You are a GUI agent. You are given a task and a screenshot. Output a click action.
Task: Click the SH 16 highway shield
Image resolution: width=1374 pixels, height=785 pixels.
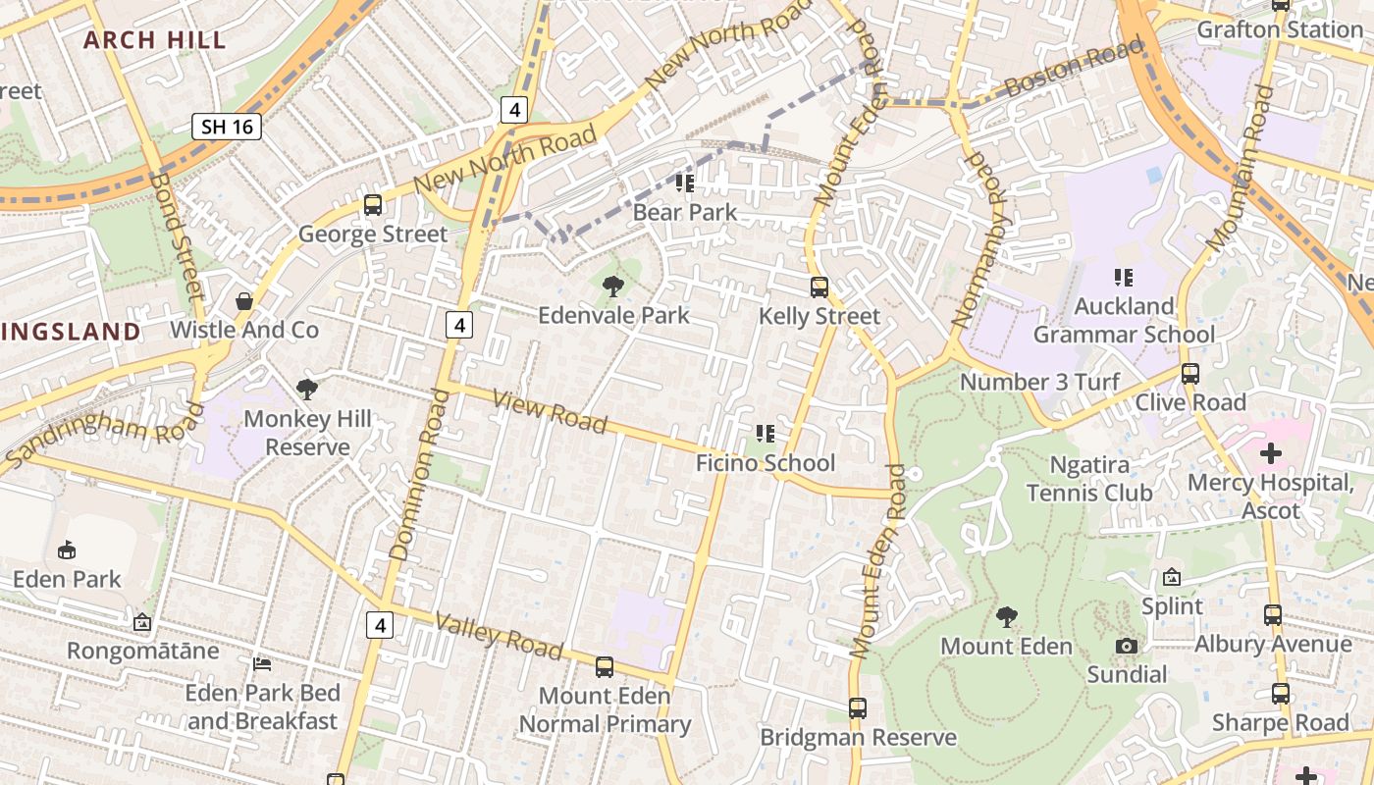226,126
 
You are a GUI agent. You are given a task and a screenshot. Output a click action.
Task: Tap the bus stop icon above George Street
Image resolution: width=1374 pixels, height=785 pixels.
373,205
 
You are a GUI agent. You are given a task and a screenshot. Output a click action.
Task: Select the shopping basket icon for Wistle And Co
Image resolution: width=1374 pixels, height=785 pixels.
244,301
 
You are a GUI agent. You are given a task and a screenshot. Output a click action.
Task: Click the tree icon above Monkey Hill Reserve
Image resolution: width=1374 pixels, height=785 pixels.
307,390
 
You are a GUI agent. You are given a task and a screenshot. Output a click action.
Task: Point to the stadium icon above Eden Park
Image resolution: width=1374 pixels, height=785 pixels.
67,550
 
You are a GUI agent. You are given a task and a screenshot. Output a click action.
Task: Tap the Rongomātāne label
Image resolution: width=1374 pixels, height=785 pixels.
143,651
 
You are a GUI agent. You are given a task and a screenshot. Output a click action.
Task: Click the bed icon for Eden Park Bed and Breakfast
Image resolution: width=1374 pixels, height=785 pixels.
262,664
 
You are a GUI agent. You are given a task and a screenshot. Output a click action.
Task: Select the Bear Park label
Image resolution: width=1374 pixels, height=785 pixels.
685,212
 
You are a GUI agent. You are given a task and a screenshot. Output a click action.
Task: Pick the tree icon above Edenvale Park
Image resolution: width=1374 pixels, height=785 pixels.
613,287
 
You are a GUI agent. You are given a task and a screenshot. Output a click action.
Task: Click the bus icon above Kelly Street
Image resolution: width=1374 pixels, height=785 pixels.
819,288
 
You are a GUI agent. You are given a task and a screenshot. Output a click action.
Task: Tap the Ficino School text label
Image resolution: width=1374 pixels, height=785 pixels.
766,463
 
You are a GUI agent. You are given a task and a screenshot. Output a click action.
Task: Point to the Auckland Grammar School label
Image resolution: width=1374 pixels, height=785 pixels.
1124,320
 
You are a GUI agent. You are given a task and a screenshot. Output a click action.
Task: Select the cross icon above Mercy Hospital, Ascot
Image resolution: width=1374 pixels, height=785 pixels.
1271,453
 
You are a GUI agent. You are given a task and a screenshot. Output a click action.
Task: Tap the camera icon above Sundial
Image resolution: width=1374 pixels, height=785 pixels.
1127,646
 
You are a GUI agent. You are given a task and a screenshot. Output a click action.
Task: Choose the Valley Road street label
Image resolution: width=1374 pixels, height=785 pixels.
499,636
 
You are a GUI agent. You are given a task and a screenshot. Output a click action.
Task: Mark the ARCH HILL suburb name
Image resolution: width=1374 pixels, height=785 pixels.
154,40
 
